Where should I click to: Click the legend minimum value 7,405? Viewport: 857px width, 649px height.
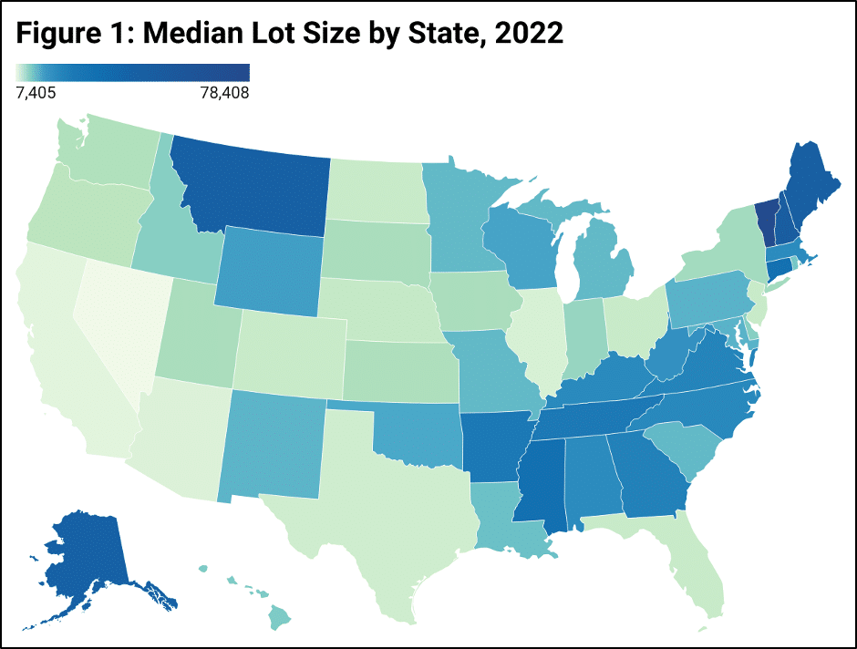(x=36, y=92)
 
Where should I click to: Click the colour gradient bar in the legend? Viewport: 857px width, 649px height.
(x=133, y=72)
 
